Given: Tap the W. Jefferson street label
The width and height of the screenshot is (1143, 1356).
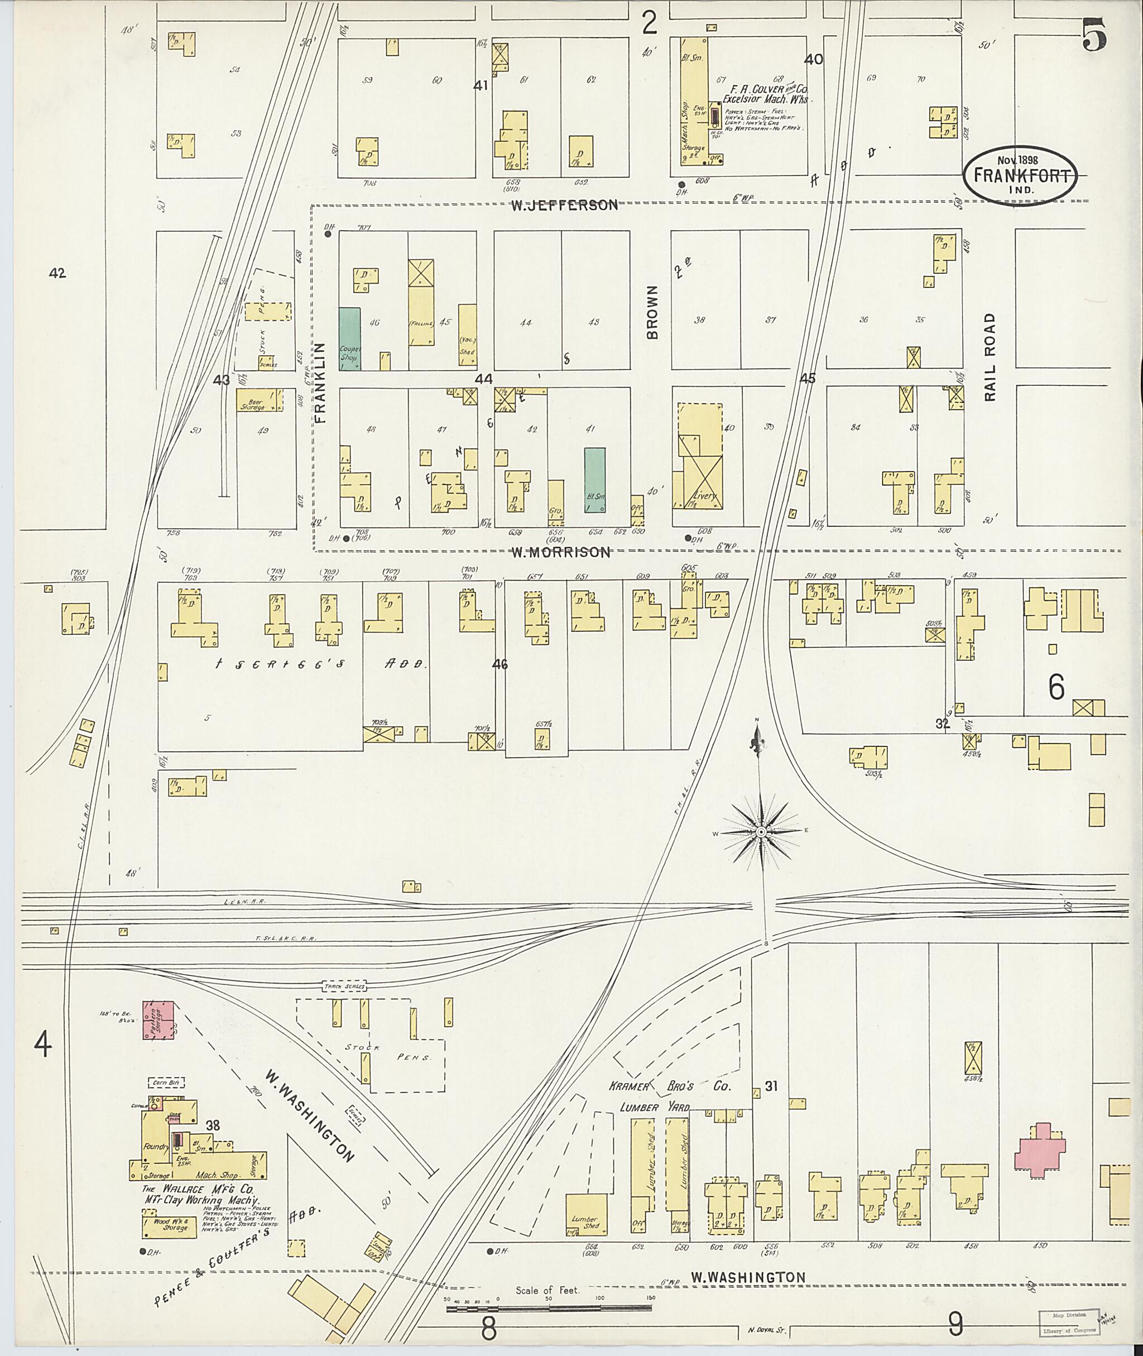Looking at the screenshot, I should tap(564, 205).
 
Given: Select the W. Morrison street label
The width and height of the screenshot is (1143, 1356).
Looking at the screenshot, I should tap(560, 552).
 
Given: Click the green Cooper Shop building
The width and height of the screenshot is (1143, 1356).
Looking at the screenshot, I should tap(350, 338).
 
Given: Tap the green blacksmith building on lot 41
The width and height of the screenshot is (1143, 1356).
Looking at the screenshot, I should tap(595, 482).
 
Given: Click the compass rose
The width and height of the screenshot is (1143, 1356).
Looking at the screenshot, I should tap(761, 831).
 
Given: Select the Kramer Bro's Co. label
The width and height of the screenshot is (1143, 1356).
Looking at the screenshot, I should tap(669, 1086).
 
